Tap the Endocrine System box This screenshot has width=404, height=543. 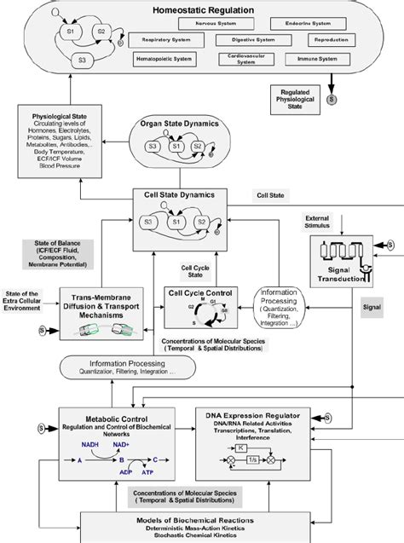309,23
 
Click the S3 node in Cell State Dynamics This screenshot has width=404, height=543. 149,222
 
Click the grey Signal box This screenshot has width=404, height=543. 372,303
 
